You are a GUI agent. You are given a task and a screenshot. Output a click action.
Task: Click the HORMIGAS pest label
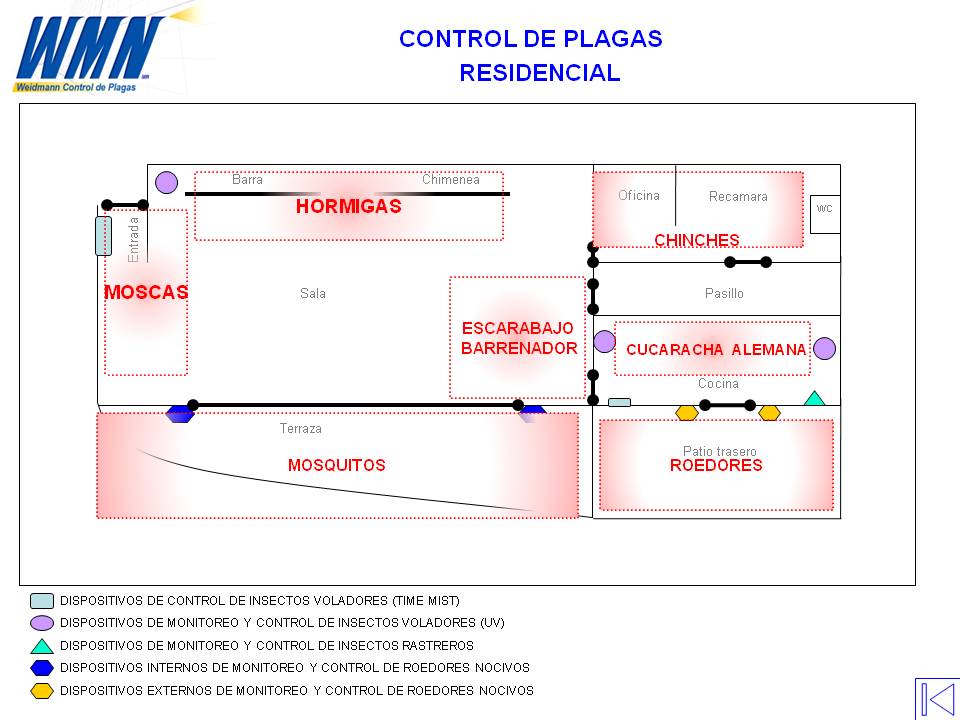pyautogui.click(x=348, y=207)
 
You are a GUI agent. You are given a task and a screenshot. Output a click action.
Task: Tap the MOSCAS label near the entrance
pyautogui.click(x=146, y=293)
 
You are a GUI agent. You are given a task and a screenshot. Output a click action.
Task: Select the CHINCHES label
pyautogui.click(x=696, y=240)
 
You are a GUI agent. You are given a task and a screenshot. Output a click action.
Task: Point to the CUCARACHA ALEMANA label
pyautogui.click(x=715, y=350)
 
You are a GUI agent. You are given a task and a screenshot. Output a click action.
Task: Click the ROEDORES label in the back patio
pyautogui.click(x=716, y=465)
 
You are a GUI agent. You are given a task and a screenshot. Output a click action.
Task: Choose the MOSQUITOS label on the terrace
pyautogui.click(x=336, y=465)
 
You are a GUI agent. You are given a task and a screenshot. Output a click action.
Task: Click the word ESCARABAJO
pyautogui.click(x=518, y=328)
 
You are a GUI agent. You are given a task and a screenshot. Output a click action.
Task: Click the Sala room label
pyautogui.click(x=312, y=294)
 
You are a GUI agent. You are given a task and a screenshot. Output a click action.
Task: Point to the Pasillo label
pyautogui.click(x=724, y=294)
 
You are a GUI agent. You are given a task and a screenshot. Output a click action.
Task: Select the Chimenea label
pyautogui.click(x=450, y=180)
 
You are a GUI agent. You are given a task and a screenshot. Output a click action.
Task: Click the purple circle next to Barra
pyautogui.click(x=167, y=182)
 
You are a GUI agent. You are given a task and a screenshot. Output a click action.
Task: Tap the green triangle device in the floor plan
pyautogui.click(x=815, y=398)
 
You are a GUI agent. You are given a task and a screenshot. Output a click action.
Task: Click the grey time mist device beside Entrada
pyautogui.click(x=103, y=236)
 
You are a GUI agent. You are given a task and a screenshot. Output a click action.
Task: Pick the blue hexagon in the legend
pyautogui.click(x=42, y=668)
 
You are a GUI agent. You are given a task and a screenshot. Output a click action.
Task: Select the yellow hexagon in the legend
pyautogui.click(x=42, y=690)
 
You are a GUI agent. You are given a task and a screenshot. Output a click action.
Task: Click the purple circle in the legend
pyautogui.click(x=42, y=623)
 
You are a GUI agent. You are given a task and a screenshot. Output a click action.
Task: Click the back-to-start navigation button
pyautogui.click(x=937, y=698)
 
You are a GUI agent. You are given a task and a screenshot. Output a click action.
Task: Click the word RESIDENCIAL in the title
pyautogui.click(x=539, y=73)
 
